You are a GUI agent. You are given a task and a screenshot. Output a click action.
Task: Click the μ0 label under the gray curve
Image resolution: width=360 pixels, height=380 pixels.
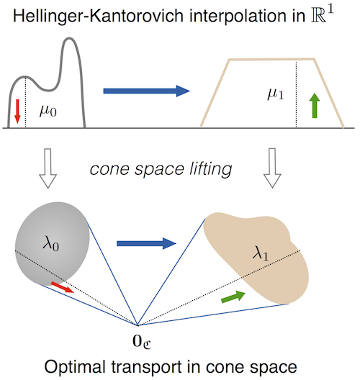point(48,112)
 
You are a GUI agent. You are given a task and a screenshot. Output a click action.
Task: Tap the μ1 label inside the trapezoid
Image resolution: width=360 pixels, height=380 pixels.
point(275,94)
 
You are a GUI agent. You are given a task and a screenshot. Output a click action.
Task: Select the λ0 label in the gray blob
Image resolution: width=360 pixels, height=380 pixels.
point(50,243)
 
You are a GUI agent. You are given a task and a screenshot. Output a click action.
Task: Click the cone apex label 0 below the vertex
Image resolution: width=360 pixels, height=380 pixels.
point(142,341)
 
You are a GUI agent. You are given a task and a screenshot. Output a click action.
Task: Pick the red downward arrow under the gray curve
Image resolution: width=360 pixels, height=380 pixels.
point(17,112)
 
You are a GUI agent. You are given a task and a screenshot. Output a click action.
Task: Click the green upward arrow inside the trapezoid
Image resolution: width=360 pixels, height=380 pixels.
point(315,105)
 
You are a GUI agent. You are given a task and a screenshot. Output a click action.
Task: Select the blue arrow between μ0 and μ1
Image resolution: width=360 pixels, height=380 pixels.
point(146,91)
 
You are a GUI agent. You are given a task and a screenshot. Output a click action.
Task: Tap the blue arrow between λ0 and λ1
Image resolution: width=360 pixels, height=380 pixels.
point(146,243)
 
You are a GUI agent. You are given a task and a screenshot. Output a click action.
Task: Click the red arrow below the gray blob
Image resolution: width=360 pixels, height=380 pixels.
point(63,287)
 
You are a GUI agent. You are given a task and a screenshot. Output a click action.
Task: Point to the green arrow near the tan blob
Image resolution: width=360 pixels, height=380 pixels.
point(233,297)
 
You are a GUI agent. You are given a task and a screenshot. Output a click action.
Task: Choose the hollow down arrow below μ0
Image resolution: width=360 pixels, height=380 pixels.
point(48,168)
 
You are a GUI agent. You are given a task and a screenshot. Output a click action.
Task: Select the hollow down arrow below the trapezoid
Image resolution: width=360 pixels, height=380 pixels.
point(272,168)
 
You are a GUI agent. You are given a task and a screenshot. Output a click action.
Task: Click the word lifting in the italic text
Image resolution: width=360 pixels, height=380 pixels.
point(210,169)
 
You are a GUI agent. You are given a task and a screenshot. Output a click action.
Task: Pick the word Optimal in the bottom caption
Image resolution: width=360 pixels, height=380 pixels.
point(75,367)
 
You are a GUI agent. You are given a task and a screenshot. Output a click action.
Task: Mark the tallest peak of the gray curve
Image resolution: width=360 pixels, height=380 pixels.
point(70,38)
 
